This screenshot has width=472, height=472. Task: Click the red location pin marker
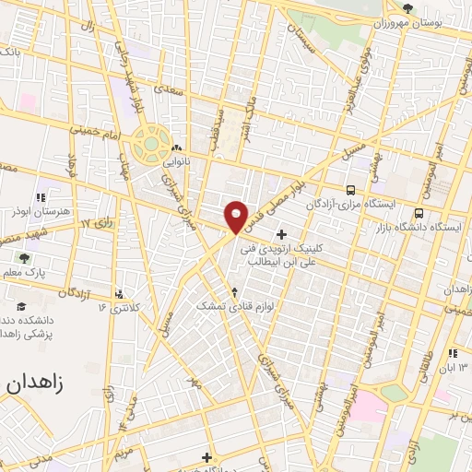pos(236,216)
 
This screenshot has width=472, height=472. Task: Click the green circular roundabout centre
pos(148,145)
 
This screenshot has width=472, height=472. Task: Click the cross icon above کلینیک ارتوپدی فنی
pos(281,234)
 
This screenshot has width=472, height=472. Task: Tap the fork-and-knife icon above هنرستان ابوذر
pos(40,196)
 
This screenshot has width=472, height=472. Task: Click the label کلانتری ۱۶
pos(118,308)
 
